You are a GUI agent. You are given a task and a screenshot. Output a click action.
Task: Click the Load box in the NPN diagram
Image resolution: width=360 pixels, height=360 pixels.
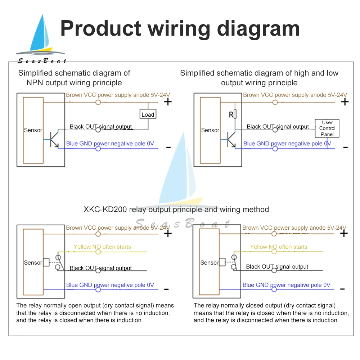pyautogui.click(x=148, y=114)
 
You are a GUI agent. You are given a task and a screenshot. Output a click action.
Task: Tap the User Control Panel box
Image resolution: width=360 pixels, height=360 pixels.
pyautogui.click(x=327, y=128)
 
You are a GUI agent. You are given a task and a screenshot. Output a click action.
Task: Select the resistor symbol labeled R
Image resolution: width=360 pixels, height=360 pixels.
pyautogui.click(x=235, y=114)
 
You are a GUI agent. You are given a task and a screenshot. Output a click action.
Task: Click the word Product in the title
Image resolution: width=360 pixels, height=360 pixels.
pyautogui.click(x=100, y=28)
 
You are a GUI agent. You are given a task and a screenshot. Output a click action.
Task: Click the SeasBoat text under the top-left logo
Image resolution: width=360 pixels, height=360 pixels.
pyautogui.click(x=42, y=61)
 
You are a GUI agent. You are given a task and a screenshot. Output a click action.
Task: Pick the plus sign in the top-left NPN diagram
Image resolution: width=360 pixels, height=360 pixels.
pyautogui.click(x=168, y=102)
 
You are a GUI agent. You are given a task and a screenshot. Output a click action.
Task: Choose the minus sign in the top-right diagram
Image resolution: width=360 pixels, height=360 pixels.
pyautogui.click(x=345, y=147)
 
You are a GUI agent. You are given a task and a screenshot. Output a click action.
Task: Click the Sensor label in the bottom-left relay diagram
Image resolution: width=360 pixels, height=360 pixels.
pyautogui.click(x=33, y=263)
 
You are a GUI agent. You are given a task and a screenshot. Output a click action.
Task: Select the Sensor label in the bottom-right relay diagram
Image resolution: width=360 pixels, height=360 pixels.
pyautogui.click(x=210, y=263)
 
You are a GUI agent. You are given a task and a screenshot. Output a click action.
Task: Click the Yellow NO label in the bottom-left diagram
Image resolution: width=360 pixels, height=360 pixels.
pyautogui.click(x=102, y=247)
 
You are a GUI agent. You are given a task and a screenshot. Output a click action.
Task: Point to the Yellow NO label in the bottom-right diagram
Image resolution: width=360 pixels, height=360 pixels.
pyautogui.click(x=279, y=247)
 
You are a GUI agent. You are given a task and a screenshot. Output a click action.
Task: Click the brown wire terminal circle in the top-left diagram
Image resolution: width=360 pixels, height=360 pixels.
pyautogui.click(x=98, y=102)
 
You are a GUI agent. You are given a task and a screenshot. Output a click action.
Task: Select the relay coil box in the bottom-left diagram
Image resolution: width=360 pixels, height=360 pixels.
pyautogui.click(x=46, y=262)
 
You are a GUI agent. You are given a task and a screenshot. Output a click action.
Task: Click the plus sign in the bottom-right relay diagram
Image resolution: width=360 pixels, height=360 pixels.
pyautogui.click(x=344, y=234)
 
